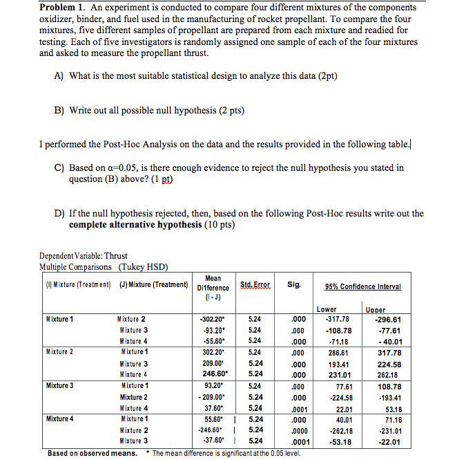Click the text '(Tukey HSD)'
point(144,266)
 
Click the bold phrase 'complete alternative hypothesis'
point(145,225)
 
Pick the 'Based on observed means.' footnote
point(92,453)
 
